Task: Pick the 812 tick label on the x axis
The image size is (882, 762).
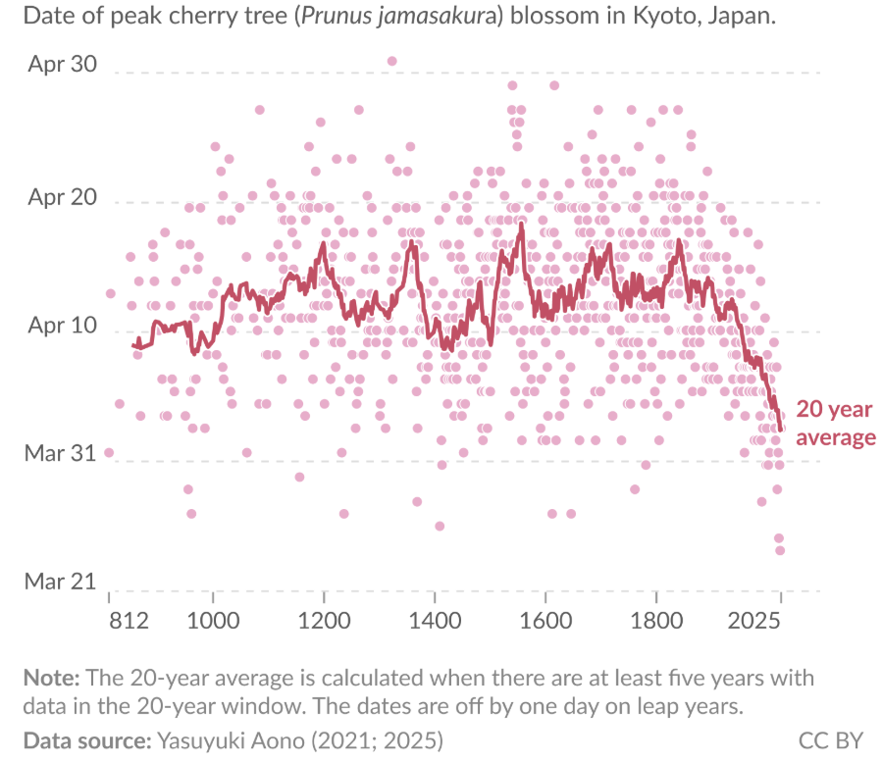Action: (x=129, y=621)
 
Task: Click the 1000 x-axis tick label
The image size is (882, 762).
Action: (x=213, y=621)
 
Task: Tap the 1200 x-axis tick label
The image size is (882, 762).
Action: (x=324, y=621)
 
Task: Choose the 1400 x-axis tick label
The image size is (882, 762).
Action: (x=435, y=621)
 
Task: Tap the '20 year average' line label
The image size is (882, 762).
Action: (x=835, y=423)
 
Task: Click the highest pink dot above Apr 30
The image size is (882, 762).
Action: (x=391, y=61)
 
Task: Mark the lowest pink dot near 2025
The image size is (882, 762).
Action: (x=780, y=550)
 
